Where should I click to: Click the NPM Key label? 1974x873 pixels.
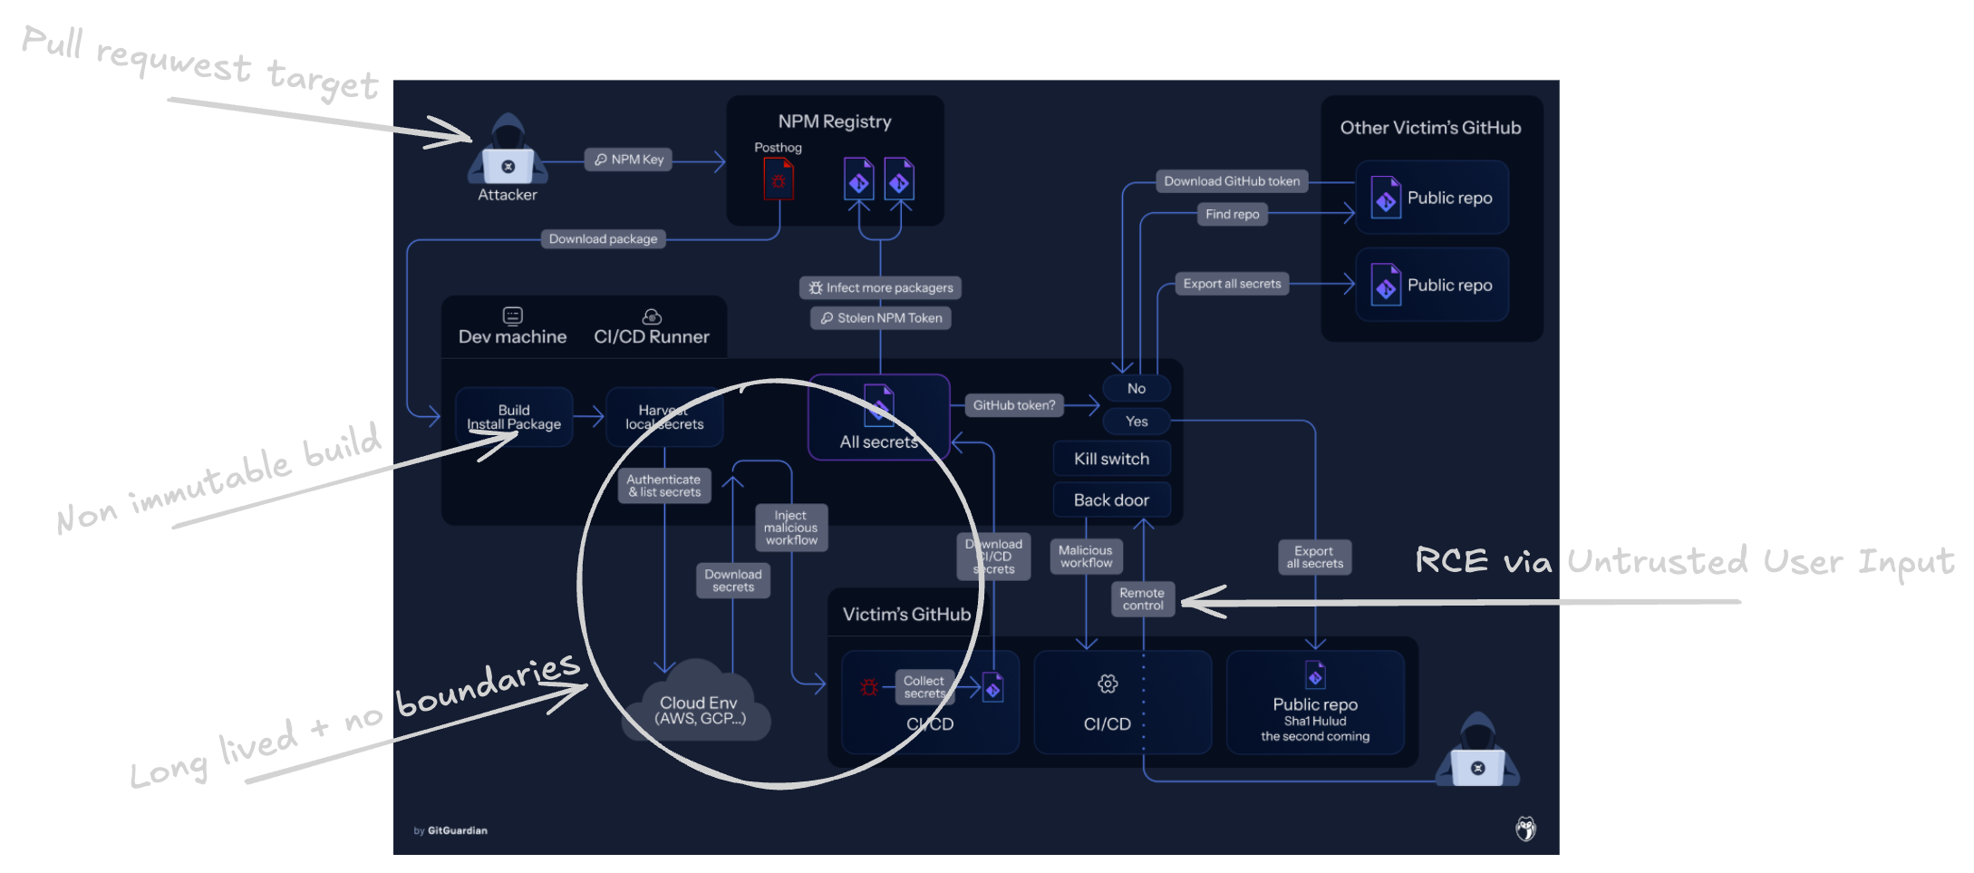(629, 160)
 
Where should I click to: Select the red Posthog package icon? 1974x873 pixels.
(778, 179)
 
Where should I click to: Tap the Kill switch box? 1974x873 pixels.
(1111, 459)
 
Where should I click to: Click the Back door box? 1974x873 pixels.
(1111, 500)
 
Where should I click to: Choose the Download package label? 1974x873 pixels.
(603, 239)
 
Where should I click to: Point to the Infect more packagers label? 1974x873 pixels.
(880, 288)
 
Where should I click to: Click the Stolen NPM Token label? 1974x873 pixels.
(880, 318)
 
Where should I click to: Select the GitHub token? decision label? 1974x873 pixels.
(1013, 405)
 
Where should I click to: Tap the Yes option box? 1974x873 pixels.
(1137, 422)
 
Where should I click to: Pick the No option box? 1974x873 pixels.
(1137, 388)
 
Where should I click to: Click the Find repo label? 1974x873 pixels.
(1232, 215)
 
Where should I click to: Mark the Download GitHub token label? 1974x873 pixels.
(1232, 181)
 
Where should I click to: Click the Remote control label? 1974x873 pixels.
(1142, 599)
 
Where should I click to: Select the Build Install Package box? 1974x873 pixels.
(514, 417)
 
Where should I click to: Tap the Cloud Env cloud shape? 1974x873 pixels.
(698, 707)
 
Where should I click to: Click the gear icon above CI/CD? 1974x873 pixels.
(1108, 684)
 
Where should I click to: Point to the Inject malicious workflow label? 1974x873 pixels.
(791, 528)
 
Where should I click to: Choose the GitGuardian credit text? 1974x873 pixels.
(450, 830)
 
